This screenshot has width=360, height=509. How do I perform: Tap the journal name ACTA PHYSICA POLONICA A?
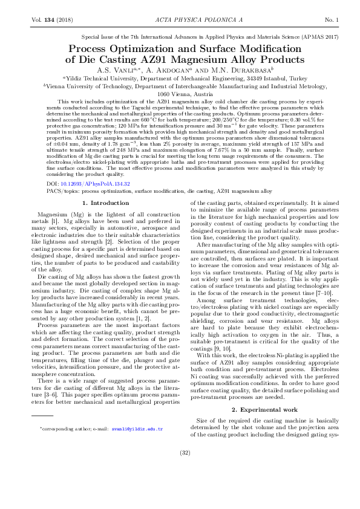pyautogui.click(x=180, y=20)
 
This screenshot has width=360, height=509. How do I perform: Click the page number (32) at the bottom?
pyautogui.click(x=180, y=469)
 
